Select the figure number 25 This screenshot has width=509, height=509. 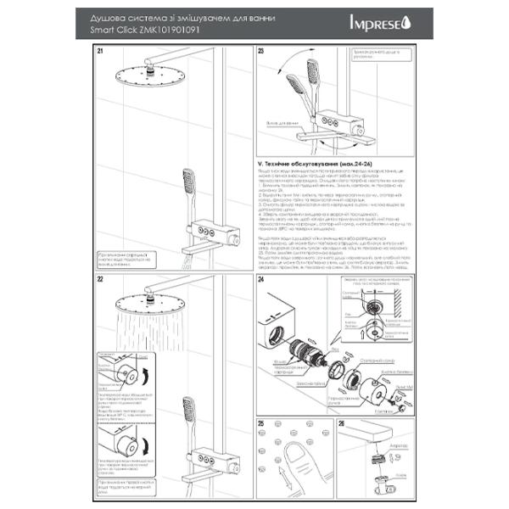260,422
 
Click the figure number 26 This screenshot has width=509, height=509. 341,422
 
